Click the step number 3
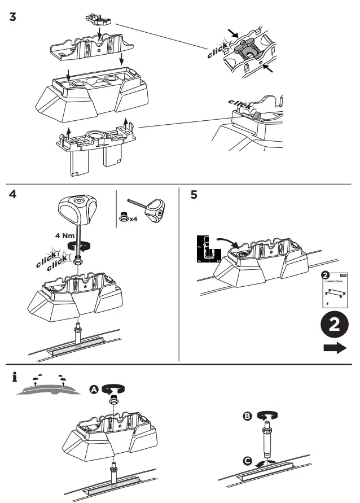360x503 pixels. tap(13, 16)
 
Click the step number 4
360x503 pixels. tap(13, 195)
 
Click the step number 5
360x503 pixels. tap(194, 195)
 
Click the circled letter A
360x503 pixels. tap(94, 389)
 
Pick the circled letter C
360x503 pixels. tap(248, 461)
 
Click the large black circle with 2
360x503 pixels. tap(334, 325)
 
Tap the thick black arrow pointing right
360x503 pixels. tap(335, 349)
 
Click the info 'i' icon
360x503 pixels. tap(14, 378)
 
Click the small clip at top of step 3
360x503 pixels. tap(99, 19)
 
